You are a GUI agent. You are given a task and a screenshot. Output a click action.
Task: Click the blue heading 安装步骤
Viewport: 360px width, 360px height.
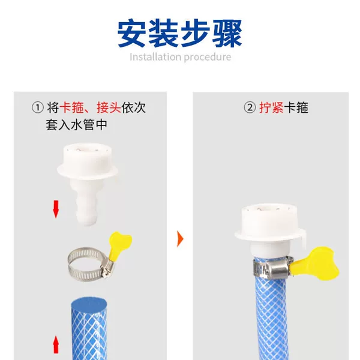[x=180, y=34]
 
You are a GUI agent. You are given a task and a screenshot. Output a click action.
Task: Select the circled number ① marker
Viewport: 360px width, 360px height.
[x=38, y=107]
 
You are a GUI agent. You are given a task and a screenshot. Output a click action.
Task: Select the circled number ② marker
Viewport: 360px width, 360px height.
[x=250, y=107]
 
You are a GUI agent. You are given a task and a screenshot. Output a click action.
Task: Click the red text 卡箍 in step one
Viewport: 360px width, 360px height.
[x=71, y=107]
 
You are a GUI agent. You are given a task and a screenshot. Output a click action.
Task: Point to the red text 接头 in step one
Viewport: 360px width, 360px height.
[x=109, y=107]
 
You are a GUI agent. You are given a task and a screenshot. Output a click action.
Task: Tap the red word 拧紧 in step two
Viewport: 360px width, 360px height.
[x=271, y=107]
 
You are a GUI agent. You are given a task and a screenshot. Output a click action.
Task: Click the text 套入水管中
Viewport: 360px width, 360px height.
[x=77, y=125]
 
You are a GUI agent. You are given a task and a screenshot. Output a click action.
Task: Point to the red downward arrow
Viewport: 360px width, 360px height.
[x=56, y=209]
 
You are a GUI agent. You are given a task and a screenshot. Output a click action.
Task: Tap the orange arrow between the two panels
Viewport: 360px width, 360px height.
[x=180, y=239]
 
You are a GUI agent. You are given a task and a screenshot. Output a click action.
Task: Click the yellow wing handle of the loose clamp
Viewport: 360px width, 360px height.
[x=119, y=244]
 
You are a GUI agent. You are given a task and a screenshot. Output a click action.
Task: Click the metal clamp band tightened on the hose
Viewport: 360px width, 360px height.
[x=273, y=268]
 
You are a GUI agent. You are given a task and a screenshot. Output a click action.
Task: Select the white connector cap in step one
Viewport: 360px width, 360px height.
[x=87, y=161]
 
